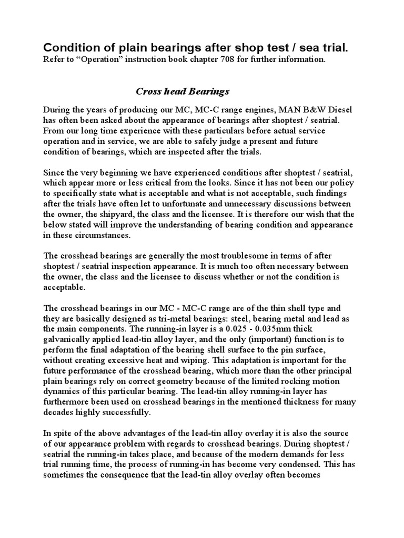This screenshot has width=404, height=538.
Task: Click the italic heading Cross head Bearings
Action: [x=183, y=91]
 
